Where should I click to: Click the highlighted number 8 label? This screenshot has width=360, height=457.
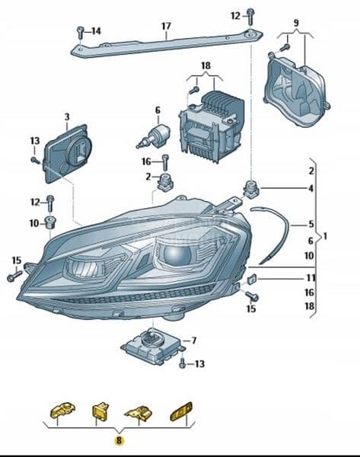point(119,440)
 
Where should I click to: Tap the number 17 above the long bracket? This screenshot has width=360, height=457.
point(166,26)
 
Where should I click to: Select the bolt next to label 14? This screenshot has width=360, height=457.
point(80,32)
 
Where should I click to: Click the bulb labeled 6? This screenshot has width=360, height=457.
point(154,135)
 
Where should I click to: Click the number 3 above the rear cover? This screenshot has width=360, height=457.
point(67,117)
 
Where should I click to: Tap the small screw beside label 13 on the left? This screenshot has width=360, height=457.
point(36,160)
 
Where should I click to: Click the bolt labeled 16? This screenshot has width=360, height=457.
point(165,162)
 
